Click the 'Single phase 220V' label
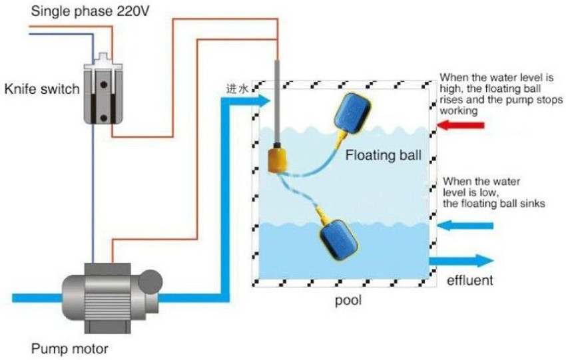[x=73, y=11]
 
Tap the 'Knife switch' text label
[x=42, y=89]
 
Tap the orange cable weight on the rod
[x=276, y=160]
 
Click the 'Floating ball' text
[x=383, y=156]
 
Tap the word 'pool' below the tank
[x=348, y=301]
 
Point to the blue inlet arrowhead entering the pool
[x=261, y=100]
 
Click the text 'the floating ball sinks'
[x=494, y=204]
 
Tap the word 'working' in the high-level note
[x=459, y=111]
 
